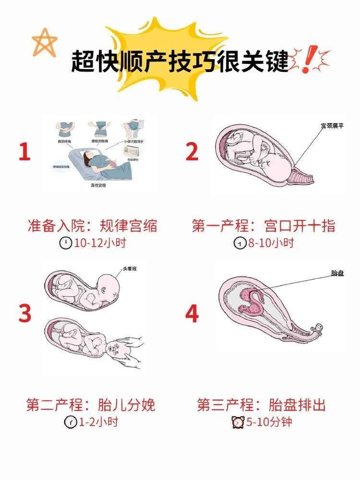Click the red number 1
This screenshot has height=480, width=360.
pos(24,152)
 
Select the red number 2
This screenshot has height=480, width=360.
pos(192,152)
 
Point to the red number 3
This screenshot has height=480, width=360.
pos(25,314)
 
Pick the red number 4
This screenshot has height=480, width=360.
pos(192,314)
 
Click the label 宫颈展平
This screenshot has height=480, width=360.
pos(333,127)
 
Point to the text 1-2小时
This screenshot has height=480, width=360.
pos(97,422)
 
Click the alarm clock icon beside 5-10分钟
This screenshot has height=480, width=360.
pos(238,422)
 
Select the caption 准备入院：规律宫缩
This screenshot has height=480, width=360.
pos(93,226)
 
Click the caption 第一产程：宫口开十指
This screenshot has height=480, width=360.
pos(264,226)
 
